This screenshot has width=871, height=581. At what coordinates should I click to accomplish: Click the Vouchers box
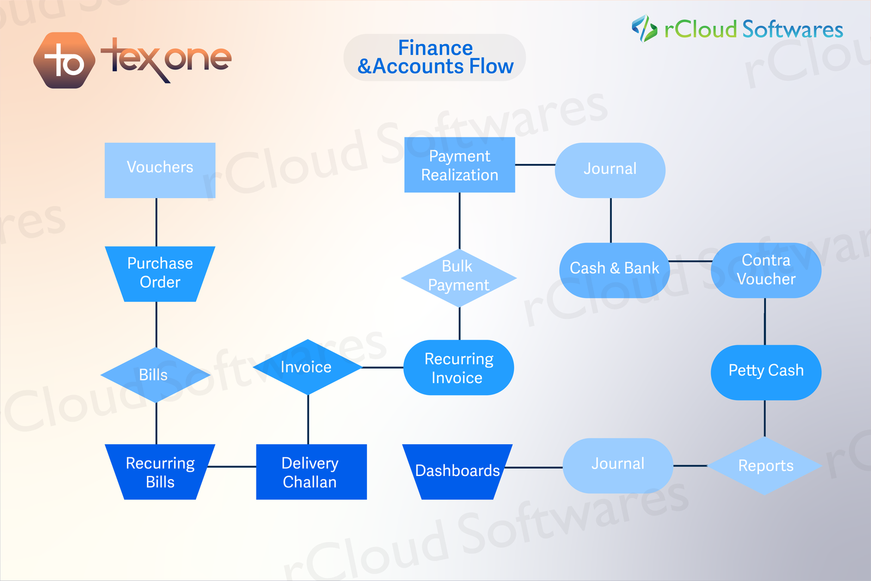(160, 170)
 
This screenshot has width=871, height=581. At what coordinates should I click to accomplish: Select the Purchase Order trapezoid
(160, 273)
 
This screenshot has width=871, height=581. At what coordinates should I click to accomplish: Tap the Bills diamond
(156, 375)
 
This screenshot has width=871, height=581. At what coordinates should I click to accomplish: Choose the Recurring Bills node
(160, 472)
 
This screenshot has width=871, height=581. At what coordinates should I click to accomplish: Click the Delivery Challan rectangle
(311, 472)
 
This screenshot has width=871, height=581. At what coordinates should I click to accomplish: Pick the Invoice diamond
(308, 367)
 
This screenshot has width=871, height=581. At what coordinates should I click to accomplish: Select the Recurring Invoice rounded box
(458, 368)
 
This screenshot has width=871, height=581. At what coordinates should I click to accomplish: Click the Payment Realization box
(459, 165)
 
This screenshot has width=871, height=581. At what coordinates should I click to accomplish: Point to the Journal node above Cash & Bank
(610, 170)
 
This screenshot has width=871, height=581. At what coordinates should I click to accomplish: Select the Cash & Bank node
(614, 270)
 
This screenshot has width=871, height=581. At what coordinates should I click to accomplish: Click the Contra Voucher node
(766, 270)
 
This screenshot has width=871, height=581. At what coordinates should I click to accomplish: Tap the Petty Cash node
(766, 372)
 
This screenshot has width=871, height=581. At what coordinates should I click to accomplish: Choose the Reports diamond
(765, 466)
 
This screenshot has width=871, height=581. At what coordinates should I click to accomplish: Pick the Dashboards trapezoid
(457, 472)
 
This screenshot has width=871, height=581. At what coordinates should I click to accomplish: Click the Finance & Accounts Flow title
(435, 57)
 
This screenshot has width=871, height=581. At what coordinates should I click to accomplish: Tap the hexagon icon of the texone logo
(64, 60)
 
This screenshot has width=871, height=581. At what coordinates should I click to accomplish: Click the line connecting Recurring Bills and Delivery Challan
(232, 467)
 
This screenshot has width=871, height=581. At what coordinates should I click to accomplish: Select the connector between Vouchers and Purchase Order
(157, 222)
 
